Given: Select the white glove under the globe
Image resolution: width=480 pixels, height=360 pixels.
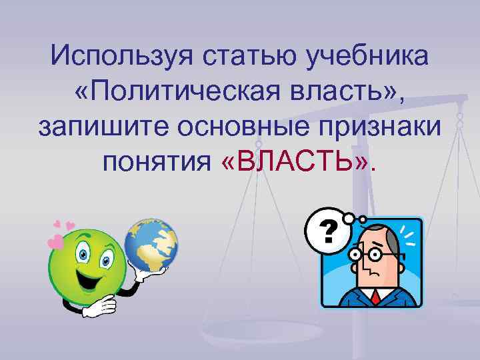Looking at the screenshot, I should (152, 269).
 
